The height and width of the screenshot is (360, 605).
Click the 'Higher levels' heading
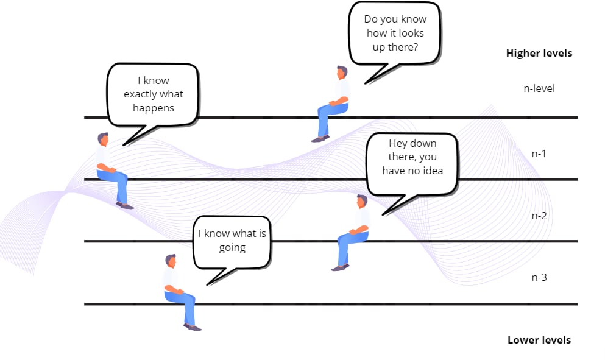click(x=539, y=53)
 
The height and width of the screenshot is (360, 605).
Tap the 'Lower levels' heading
click(x=539, y=340)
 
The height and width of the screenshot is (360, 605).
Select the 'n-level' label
click(x=539, y=88)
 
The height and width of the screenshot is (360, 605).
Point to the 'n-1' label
click(x=539, y=154)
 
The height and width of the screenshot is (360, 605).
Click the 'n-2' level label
click(x=539, y=216)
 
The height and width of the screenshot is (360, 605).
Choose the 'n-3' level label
click(x=539, y=277)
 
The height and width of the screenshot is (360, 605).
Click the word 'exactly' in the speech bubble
click(x=141, y=94)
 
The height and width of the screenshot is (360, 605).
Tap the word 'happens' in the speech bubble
click(x=153, y=108)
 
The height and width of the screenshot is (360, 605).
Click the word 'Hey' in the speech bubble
click(x=397, y=144)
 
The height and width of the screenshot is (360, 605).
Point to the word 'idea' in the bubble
click(x=433, y=171)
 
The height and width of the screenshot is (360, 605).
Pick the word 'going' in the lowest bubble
click(x=232, y=248)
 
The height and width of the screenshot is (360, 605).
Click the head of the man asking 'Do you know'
click(x=341, y=72)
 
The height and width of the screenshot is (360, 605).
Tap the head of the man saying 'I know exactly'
click(x=102, y=139)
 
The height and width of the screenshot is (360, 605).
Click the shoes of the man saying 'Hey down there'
click(x=341, y=267)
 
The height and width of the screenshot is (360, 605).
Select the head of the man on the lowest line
click(x=171, y=261)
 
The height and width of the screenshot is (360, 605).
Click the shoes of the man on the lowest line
click(x=193, y=327)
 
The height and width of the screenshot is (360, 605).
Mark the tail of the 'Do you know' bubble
click(x=380, y=74)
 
